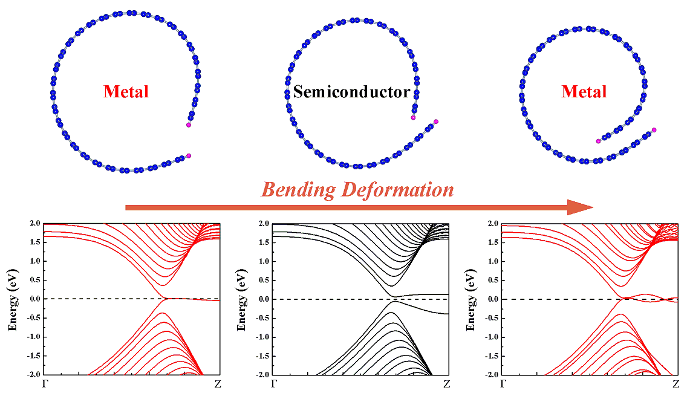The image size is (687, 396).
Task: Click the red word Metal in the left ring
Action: click(126, 92)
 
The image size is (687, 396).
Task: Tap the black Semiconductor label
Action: click(351, 92)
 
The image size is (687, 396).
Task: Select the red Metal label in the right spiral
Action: click(584, 92)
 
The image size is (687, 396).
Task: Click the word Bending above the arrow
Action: click(298, 190)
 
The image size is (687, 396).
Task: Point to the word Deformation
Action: click(397, 190)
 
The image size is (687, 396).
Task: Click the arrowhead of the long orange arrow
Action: click(581, 207)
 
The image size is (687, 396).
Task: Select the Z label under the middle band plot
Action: click(447, 384)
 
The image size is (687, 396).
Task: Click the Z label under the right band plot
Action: click(676, 384)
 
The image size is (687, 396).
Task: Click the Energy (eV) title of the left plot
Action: click(11, 299)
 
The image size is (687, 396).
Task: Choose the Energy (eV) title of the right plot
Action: click(470, 299)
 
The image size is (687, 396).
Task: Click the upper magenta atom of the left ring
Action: click(189, 125)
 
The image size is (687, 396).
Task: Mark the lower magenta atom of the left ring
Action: click(189, 156)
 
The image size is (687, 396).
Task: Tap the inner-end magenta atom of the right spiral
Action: click(598, 141)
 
